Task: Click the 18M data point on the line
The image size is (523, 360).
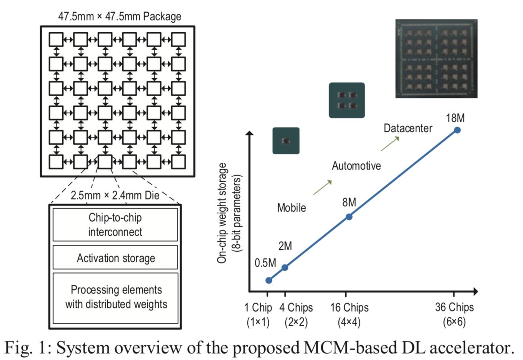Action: [457, 130]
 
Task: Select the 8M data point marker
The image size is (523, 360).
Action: [349, 217]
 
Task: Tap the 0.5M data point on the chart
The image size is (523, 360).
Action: [269, 280]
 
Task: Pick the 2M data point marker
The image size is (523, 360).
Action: [285, 267]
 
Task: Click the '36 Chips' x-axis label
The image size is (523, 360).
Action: [455, 314]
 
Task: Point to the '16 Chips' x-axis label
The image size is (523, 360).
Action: [349, 315]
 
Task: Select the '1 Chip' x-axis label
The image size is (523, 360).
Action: [258, 315]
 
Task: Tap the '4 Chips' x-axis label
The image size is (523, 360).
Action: [296, 315]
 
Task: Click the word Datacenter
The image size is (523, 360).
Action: [408, 128]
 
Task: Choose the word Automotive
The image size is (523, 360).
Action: [356, 166]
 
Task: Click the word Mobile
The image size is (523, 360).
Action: [291, 207]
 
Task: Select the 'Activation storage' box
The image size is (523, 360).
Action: [115, 257]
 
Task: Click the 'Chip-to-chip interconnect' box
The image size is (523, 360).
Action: [115, 224]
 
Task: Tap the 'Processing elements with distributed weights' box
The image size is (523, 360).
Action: [115, 298]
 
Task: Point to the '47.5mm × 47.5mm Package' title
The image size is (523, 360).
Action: [120, 17]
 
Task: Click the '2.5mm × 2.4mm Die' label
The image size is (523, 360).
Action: [115, 196]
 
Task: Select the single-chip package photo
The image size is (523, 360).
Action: [286, 141]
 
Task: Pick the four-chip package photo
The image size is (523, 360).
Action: [347, 100]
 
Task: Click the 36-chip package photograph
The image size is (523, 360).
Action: [436, 58]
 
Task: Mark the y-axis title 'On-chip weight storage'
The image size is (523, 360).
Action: [222, 213]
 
